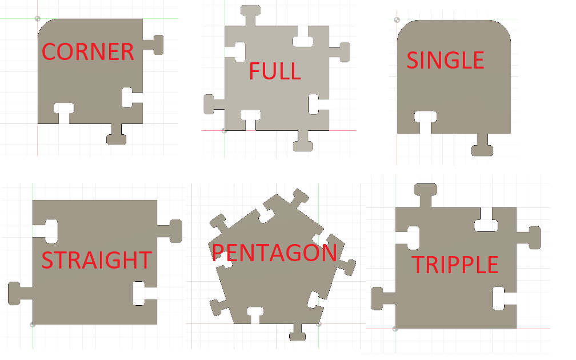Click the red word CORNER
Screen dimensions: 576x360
(88, 52)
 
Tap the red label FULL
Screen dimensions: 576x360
(275, 71)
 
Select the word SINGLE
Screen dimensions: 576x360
(445, 60)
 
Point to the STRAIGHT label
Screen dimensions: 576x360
(97, 260)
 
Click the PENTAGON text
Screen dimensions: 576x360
(274, 253)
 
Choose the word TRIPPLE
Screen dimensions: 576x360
(455, 265)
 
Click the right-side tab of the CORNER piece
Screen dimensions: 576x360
(153, 45)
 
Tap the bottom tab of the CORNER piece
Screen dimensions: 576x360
(117, 134)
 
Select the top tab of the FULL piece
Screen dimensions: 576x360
(250, 15)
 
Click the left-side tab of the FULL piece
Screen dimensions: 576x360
(214, 105)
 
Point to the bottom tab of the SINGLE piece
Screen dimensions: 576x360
(482, 145)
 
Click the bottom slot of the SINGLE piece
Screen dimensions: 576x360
(425, 122)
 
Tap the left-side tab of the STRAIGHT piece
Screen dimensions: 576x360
(20, 294)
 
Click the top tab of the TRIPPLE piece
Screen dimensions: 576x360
(425, 195)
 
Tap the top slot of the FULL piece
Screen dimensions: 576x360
(303, 37)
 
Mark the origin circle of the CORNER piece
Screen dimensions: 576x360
(38, 18)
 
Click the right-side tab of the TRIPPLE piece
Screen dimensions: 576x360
(529, 238)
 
